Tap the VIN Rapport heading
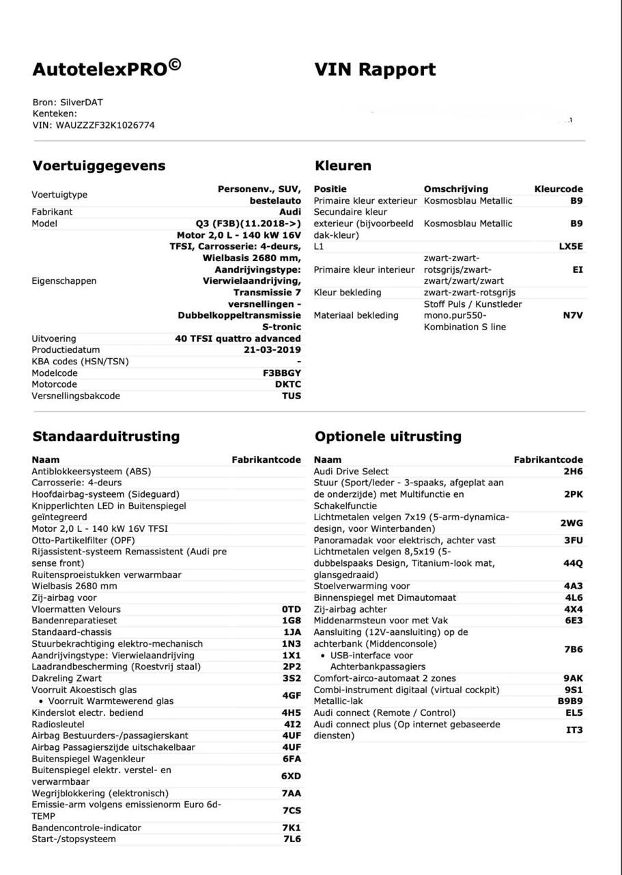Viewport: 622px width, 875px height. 375,70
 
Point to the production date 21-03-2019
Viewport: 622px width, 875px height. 272,350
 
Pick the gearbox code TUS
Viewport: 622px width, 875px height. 291,396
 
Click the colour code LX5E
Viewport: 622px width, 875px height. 570,247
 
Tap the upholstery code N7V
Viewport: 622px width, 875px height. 572,316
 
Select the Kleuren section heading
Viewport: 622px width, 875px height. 343,165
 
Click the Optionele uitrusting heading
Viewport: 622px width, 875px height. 388,436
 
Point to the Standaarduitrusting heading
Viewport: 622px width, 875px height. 106,436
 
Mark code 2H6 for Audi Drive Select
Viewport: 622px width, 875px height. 573,472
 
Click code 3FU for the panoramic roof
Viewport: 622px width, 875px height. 573,541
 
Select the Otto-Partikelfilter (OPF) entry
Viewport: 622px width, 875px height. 83,540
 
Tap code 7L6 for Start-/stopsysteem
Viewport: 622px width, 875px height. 292,839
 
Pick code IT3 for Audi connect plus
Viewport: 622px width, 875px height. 574,730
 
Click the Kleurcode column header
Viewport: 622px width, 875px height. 558,189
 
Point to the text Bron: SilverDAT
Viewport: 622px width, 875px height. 68,103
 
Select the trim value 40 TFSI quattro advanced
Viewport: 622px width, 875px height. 238,338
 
